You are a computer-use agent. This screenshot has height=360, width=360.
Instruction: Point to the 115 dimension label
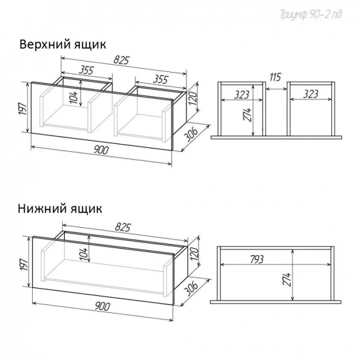point(275,77)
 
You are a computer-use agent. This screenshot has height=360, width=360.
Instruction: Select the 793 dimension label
point(257,260)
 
